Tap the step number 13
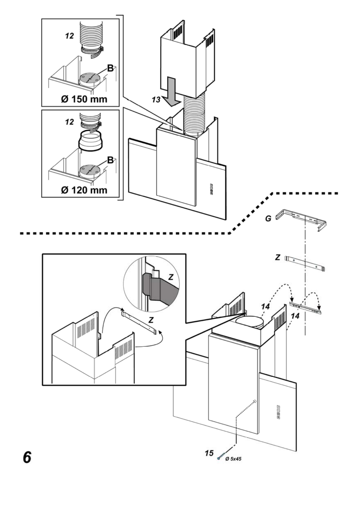pyautogui.click(x=156, y=99)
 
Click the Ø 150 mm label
pyautogui.click(x=84, y=99)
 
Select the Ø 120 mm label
pyautogui.click(x=84, y=190)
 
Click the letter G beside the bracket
pyautogui.click(x=268, y=219)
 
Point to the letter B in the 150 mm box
pyautogui.click(x=110, y=68)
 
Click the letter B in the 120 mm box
pyautogui.click(x=110, y=160)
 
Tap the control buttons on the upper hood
pyautogui.click(x=211, y=189)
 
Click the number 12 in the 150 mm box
pyautogui.click(x=69, y=36)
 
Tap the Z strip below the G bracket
pyautogui.click(x=306, y=264)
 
